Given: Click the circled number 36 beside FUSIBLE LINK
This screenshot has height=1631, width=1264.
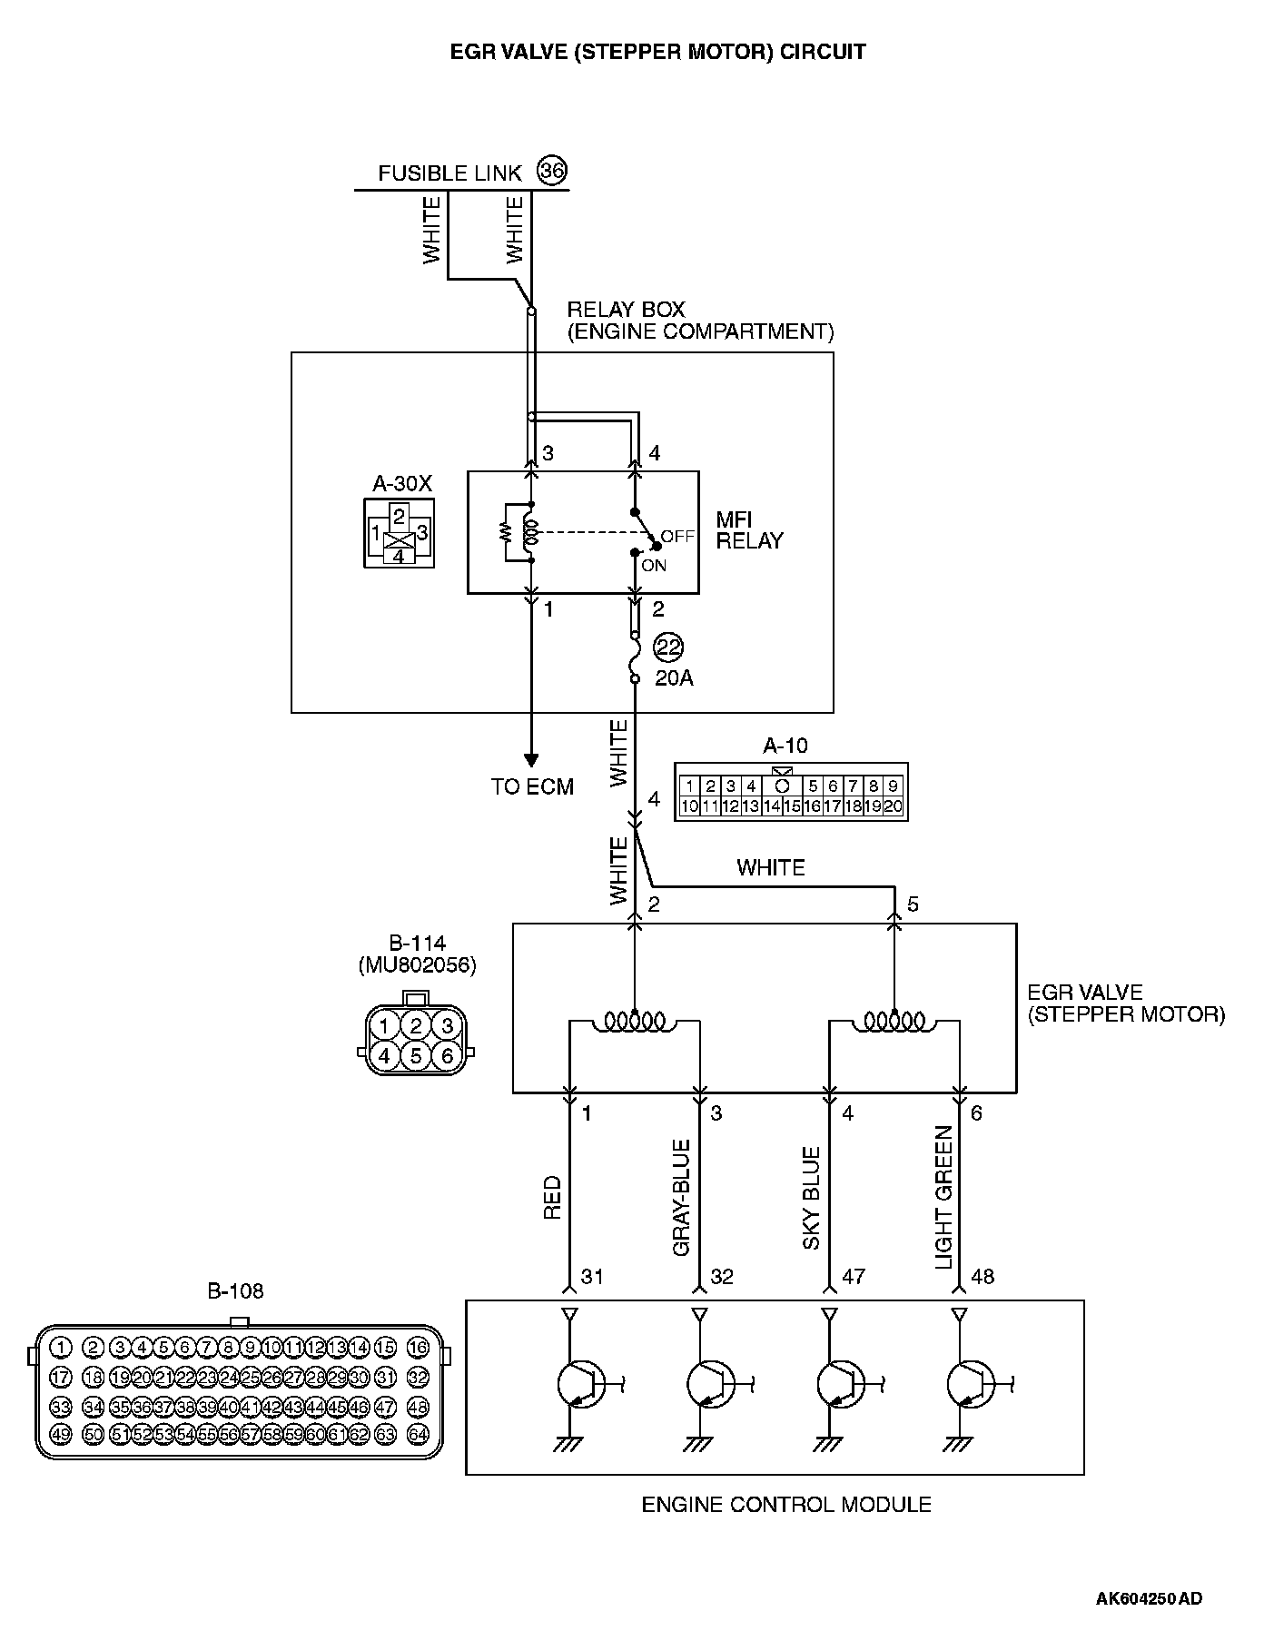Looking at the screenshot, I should click(552, 171).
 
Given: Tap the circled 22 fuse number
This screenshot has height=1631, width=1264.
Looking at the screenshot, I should click(669, 647).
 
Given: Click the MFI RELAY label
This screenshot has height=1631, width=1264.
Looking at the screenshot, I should click(749, 530).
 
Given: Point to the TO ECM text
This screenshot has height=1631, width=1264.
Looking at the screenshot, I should click(532, 787).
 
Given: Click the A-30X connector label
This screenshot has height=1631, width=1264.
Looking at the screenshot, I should click(402, 484).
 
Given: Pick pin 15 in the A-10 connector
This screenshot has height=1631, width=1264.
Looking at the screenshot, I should click(792, 806).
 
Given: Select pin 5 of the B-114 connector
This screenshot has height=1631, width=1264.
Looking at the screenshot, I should click(416, 1056).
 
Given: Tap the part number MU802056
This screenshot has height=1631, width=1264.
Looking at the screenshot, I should click(417, 964).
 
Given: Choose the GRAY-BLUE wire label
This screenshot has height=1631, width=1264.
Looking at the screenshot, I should click(682, 1198).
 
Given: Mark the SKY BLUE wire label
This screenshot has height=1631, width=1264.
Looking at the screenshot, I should click(812, 1198).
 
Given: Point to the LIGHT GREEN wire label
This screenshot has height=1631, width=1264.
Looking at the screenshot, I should click(943, 1198).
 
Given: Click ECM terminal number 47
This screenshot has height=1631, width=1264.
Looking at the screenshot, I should click(853, 1277).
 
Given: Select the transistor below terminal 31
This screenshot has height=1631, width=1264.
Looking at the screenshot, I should click(578, 1385).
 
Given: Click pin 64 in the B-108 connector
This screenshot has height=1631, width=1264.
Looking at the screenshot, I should click(418, 1435).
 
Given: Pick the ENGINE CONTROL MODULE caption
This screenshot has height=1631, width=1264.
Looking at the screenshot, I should click(786, 1505).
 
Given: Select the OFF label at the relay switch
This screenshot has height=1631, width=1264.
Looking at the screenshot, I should click(677, 536).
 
